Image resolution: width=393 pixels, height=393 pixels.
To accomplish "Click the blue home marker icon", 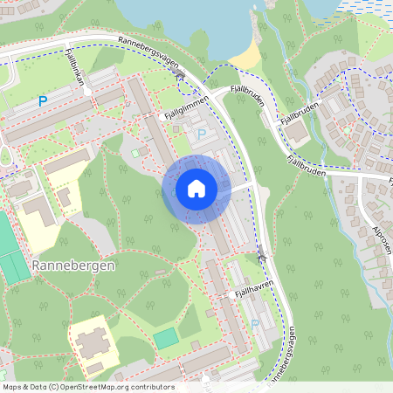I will pyautogui.click(x=196, y=189).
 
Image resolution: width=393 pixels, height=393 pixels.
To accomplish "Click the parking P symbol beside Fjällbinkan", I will pyautogui.click(x=41, y=102).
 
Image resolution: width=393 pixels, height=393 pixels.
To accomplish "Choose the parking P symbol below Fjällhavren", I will pyautogui.click(x=255, y=323).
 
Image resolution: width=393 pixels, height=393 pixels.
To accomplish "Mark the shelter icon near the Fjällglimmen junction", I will pyautogui.click(x=181, y=77).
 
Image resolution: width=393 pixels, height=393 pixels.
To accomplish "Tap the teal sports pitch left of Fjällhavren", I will pyautogui.click(x=166, y=337).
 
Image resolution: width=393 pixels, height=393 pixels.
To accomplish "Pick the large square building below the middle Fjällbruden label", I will pyautogui.click(x=297, y=133).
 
